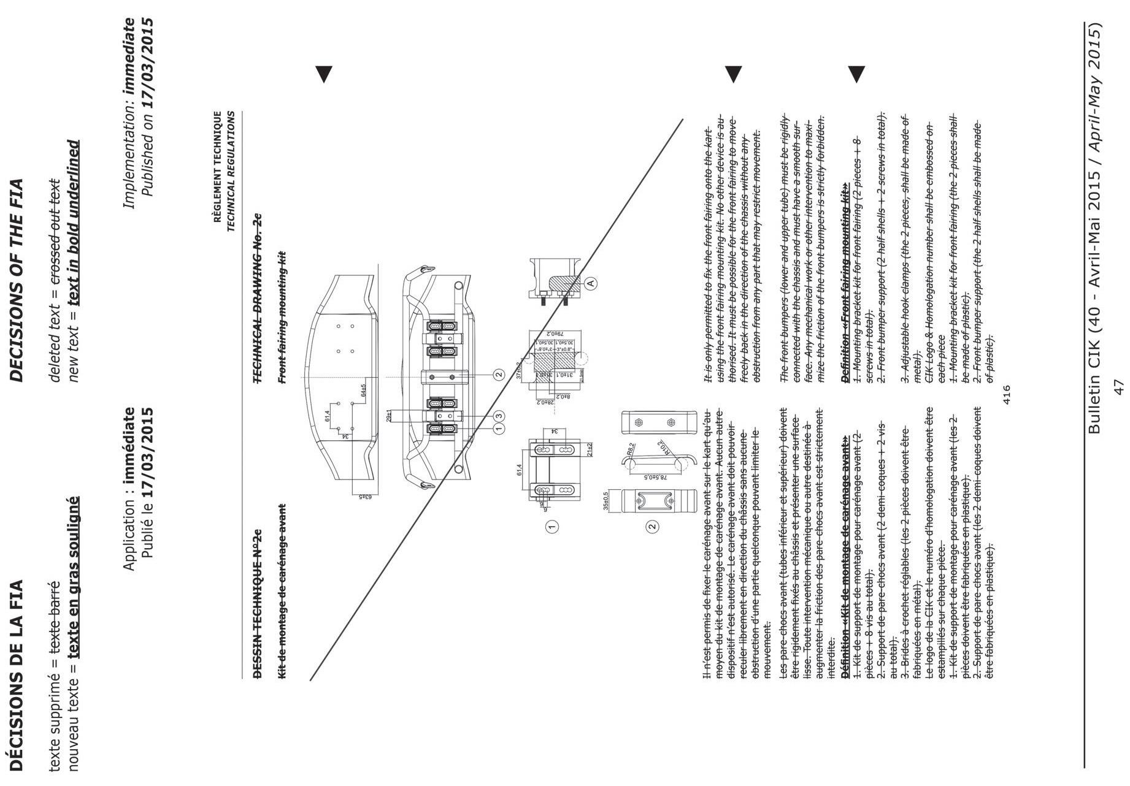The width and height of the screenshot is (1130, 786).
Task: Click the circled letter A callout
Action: [591, 283]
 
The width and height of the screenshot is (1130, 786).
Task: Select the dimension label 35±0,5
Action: [607, 500]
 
